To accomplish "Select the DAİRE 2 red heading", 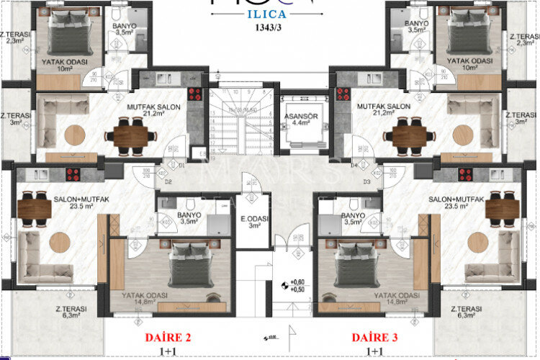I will coord(168,337).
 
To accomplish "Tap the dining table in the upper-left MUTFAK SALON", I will coord(131,135).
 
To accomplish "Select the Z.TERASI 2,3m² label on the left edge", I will coord(12,37).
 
